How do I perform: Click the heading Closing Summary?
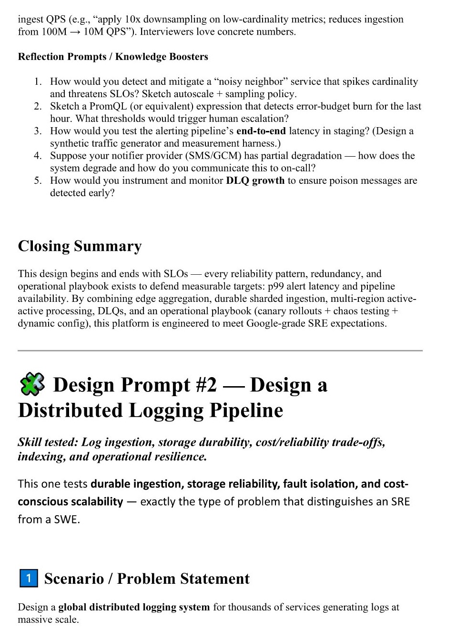pos(80,246)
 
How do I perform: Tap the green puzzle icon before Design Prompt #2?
pos(32,384)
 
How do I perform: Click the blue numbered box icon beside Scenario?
pos(29,578)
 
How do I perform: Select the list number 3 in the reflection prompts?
pos(38,131)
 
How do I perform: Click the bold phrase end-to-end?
pos(261,131)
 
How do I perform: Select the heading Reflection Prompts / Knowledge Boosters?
pos(113,57)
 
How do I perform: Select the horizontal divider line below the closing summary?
pos(220,350)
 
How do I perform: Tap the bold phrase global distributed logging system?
pos(134,607)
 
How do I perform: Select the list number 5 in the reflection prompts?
pos(38,180)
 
